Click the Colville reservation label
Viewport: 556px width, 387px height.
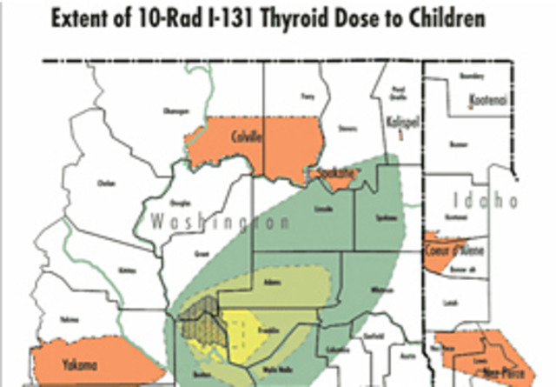pyautogui.click(x=248, y=136)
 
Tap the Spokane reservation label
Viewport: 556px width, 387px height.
pyautogui.click(x=334, y=174)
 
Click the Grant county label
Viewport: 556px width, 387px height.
pyautogui.click(x=203, y=254)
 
